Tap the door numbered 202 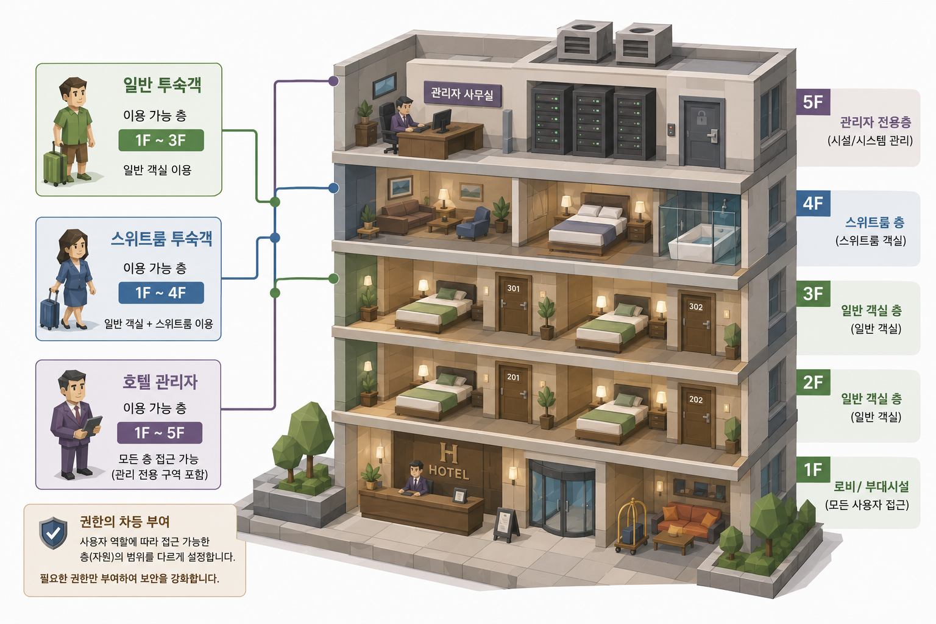pyautogui.click(x=696, y=416)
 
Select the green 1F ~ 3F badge pyautogui.click(x=161, y=140)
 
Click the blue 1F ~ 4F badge pyautogui.click(x=161, y=292)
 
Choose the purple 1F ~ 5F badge pyautogui.click(x=160, y=433)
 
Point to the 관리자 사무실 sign pyautogui.click(x=462, y=94)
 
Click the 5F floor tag pyautogui.click(x=813, y=102)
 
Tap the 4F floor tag pyautogui.click(x=813, y=204)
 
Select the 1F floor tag pyautogui.click(x=813, y=470)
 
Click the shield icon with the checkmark pyautogui.click(x=53, y=533)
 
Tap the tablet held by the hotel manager pyautogui.click(x=93, y=425)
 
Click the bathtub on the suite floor pyautogui.click(x=697, y=243)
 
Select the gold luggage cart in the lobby pyautogui.click(x=632, y=526)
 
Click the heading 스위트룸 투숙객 pyautogui.click(x=161, y=239)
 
